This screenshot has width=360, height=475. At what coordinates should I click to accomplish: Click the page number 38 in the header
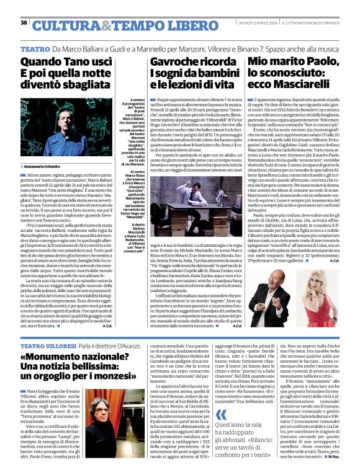tap(24, 22)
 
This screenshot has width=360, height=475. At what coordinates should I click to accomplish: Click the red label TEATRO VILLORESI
tap(47, 345)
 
